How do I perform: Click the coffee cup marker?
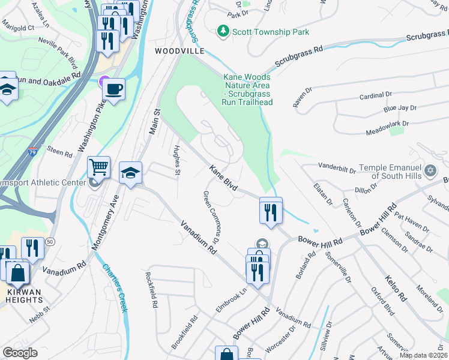(113, 89)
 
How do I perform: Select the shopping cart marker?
(98, 166)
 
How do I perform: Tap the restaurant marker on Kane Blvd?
(271, 211)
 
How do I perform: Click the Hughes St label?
(177, 160)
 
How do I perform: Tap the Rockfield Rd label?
(151, 289)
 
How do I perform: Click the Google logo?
(20, 353)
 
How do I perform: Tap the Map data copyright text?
(423, 355)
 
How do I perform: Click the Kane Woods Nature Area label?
(247, 89)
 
